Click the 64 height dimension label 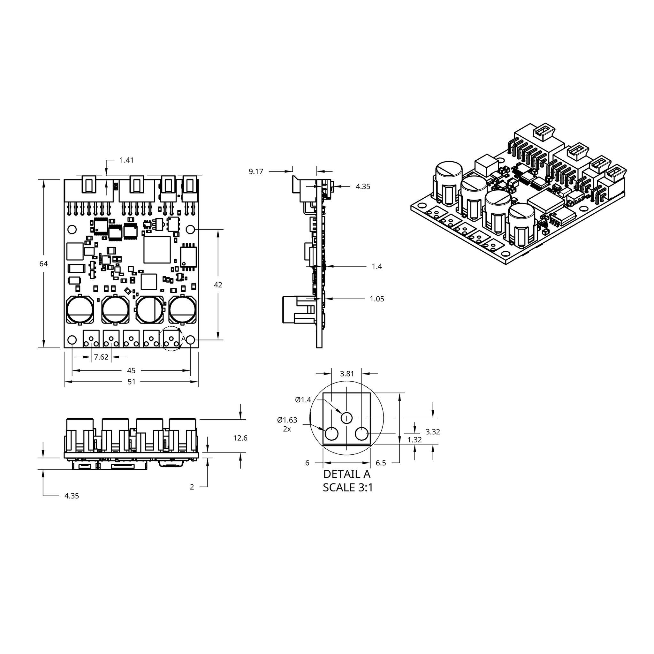tap(43, 264)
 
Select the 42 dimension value tap(218, 285)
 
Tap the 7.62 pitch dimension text tap(101, 357)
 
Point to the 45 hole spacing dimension tap(131, 371)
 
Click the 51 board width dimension tap(131, 382)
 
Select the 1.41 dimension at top tap(126, 160)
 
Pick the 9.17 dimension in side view tap(256, 171)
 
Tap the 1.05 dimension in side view tap(377, 299)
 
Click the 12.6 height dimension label tap(240, 438)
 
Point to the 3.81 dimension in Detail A tap(347, 374)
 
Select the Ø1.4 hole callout tap(303, 400)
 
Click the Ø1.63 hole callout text tap(287, 420)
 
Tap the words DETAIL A tap(347, 474)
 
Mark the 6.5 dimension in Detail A tap(381, 463)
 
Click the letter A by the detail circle tap(183, 338)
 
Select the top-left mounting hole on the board tap(72, 230)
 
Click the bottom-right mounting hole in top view tap(191, 340)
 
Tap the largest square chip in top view tap(157, 250)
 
